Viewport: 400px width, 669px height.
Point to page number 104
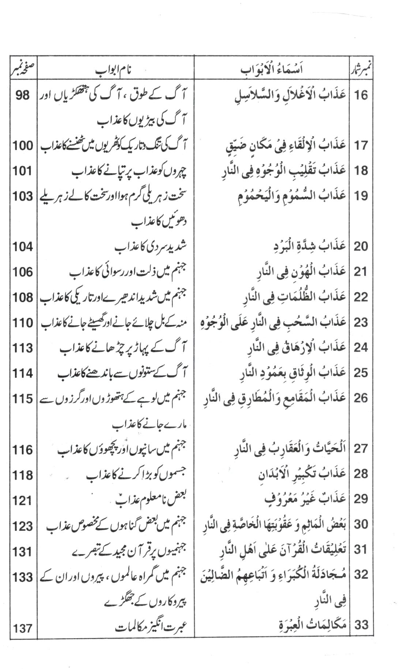pos(23,247)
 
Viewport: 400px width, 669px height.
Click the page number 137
pos(23,628)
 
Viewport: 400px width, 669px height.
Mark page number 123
pos(23,526)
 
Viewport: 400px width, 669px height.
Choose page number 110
pos(23,323)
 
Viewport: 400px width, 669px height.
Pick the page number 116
pos(23,449)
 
